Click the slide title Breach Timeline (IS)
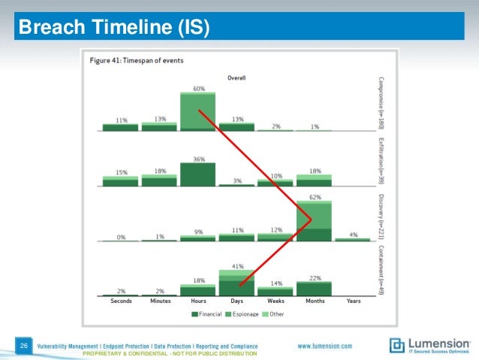pyautogui.click(x=113, y=29)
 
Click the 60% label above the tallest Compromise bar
pyautogui.click(x=197, y=88)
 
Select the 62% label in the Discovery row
pyautogui.click(x=314, y=196)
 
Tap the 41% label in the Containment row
pyautogui.click(x=236, y=265)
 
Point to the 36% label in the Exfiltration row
pyautogui.click(x=197, y=159)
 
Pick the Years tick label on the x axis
pyautogui.click(x=353, y=301)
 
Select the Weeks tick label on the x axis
pyautogui.click(x=275, y=301)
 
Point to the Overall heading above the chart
pyautogui.click(x=236, y=77)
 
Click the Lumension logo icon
pyautogui.click(x=397, y=346)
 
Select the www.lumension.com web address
pyautogui.click(x=325, y=345)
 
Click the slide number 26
pyautogui.click(x=24, y=345)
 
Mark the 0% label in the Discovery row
pyautogui.click(x=120, y=236)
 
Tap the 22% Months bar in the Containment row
pyautogui.click(x=314, y=289)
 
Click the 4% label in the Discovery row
pyautogui.click(x=353, y=234)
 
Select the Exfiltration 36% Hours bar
pyautogui.click(x=197, y=174)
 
